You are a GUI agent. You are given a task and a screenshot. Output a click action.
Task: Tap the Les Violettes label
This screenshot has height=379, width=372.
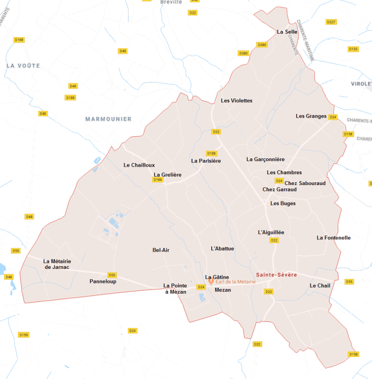[x=237, y=101]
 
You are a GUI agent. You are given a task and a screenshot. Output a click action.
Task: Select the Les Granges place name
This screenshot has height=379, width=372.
[x=311, y=116]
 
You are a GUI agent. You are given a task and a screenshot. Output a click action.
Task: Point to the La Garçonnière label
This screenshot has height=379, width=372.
[x=266, y=159]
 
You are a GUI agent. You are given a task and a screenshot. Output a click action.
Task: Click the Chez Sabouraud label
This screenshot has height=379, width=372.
[x=305, y=183]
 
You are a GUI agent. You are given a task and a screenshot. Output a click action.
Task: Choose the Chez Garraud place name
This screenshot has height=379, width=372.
[x=280, y=190]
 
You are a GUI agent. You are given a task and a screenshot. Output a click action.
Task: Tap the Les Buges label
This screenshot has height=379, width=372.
[x=283, y=203]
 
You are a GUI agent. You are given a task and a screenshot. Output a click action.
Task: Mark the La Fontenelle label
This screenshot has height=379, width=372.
[x=334, y=238]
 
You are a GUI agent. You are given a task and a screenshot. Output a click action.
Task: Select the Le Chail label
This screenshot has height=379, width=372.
[x=320, y=286]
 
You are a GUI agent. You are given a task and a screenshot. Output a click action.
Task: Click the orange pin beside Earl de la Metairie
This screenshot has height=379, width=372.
[x=211, y=282]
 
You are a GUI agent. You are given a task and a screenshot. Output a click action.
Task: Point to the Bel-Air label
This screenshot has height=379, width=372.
[x=161, y=250]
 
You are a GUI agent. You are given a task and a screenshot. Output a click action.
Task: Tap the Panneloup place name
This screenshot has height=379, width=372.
[x=103, y=282]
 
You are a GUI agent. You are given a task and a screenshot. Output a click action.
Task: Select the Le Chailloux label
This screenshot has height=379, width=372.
[x=139, y=165]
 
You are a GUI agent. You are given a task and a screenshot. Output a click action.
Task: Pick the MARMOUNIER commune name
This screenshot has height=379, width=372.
[x=109, y=119]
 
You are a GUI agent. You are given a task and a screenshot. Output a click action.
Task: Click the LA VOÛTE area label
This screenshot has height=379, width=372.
[x=23, y=66]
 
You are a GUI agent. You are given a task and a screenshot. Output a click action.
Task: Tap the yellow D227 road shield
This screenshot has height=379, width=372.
[x=331, y=22]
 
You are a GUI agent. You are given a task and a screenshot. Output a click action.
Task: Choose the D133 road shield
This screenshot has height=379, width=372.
[x=353, y=49]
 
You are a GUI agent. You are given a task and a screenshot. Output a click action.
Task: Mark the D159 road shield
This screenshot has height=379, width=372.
[x=23, y=334]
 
